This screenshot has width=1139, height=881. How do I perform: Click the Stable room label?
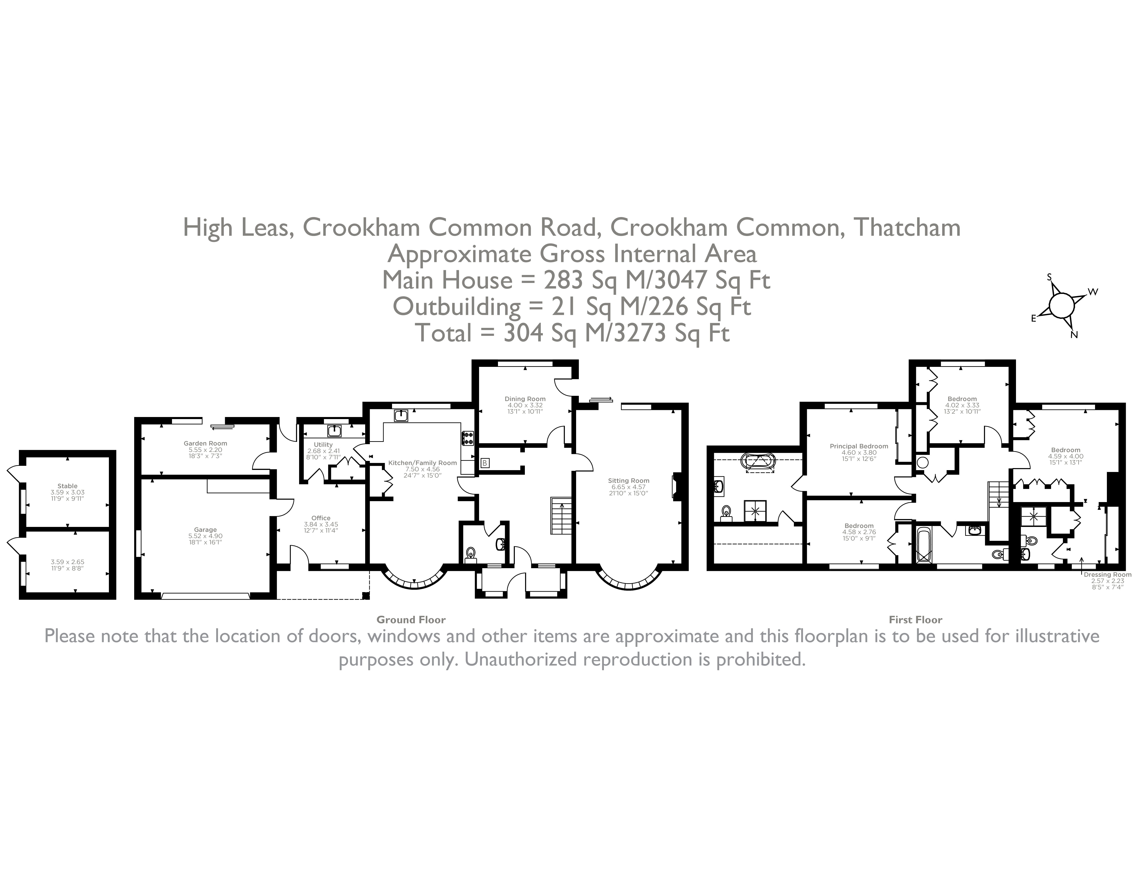pyautogui.click(x=67, y=486)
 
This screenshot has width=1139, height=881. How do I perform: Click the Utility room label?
pyautogui.click(x=323, y=445)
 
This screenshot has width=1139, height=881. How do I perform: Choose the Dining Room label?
pyautogui.click(x=525, y=399)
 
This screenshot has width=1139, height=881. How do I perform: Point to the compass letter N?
pyautogui.click(x=1074, y=335)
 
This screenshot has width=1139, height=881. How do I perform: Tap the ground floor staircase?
pyautogui.click(x=561, y=516)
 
